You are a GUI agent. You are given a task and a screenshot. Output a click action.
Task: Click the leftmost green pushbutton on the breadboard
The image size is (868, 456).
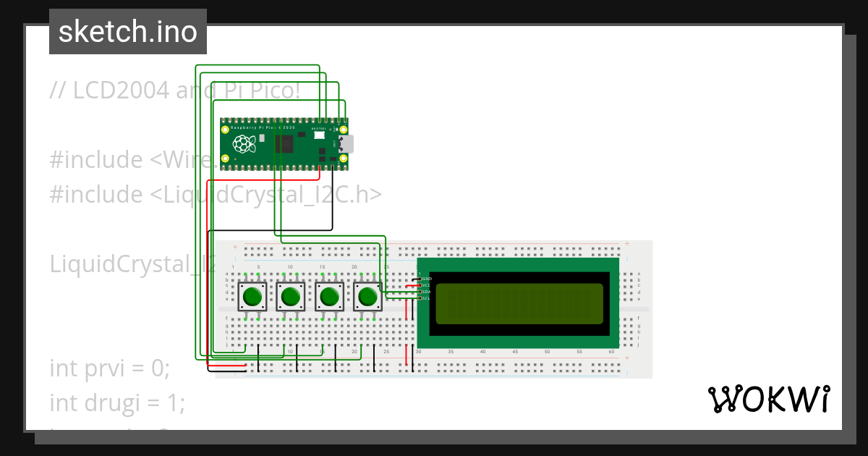coord(252,296)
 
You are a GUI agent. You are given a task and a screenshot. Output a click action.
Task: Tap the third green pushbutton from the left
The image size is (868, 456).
coord(329,296)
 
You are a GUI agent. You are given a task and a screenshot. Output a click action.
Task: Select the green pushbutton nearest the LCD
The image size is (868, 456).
coord(367,296)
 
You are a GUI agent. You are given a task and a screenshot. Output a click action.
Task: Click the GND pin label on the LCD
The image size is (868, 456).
coord(427,279)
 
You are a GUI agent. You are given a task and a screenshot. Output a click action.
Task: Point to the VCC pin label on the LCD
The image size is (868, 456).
coord(427,285)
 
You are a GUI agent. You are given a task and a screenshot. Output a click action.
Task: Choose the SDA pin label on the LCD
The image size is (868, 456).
coord(427,292)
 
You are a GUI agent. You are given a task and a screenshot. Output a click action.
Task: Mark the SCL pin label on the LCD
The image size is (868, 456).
coord(427,298)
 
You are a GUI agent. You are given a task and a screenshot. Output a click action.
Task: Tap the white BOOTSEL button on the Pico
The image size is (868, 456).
coord(319,136)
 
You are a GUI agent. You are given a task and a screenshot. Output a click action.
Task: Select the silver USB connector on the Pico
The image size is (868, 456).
coord(348,144)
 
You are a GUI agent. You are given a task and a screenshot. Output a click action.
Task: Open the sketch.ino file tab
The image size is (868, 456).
coord(128,32)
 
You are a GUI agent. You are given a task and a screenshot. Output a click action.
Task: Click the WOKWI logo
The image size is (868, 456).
coord(767,399)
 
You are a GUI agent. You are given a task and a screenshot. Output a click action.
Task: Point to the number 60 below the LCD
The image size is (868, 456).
coord(611,352)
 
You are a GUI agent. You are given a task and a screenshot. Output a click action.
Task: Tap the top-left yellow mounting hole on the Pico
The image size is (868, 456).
coord(225,128)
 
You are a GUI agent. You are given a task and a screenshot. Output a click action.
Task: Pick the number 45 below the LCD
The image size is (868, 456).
coord(515,352)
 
